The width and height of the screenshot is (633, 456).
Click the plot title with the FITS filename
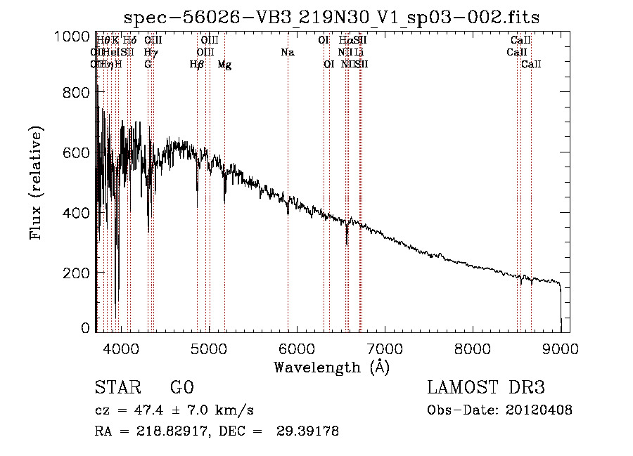click(x=331, y=17)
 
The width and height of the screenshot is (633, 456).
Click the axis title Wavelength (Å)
click(x=331, y=367)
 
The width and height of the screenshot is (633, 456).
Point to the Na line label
click(x=287, y=53)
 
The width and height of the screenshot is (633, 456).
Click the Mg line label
click(x=224, y=65)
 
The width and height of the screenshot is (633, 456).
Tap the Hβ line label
click(x=197, y=65)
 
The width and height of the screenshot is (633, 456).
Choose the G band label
click(x=148, y=65)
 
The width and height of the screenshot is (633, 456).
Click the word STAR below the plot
click(x=116, y=389)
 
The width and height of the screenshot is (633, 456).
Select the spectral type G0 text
click(x=181, y=389)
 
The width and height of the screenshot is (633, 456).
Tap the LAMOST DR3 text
click(x=486, y=389)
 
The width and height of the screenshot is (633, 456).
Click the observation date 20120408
click(x=542, y=410)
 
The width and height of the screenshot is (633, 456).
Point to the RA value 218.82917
click(x=158, y=431)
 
